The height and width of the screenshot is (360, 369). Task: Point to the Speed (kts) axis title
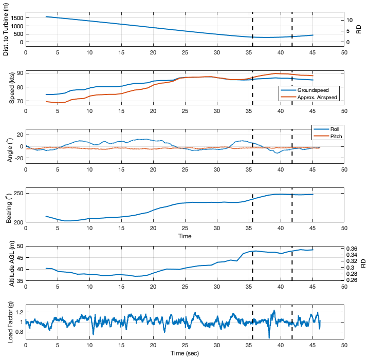coord(12,88)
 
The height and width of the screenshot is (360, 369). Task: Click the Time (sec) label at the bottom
coord(184,353)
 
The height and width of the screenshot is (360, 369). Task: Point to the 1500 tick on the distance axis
coord(16,18)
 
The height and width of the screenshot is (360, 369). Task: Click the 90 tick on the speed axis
coord(20,73)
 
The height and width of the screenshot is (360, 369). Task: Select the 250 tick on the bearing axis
coord(17,194)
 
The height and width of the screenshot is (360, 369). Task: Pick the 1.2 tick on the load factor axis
coord(19,312)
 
